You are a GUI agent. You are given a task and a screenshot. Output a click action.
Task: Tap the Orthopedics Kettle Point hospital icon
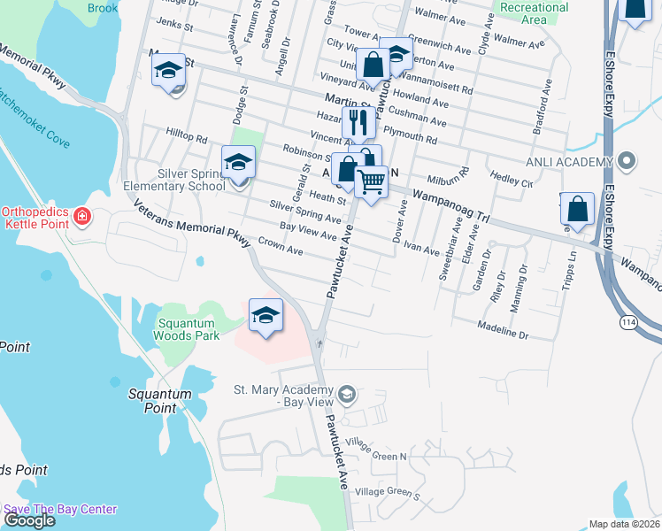click(x=82, y=216)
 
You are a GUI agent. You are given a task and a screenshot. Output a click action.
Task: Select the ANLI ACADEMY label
click(x=569, y=161)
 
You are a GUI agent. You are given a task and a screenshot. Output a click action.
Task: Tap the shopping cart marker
click(x=372, y=182)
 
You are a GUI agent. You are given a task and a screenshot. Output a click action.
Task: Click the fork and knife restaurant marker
click(x=358, y=122)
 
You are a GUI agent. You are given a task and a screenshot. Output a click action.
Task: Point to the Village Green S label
click(x=386, y=492)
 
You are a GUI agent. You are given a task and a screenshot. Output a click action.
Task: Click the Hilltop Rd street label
click(x=186, y=136)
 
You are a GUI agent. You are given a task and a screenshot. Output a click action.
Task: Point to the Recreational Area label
click(x=534, y=13)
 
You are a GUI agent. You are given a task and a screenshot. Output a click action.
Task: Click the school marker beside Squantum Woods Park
click(x=266, y=315)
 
